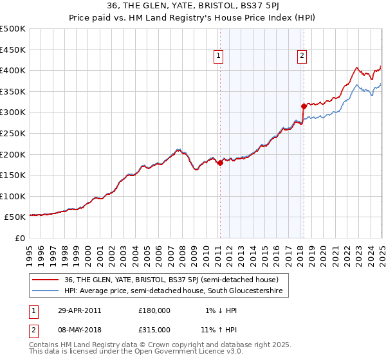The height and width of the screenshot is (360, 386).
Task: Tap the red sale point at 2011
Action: pyautogui.click(x=220, y=163)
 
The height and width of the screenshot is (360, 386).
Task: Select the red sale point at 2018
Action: pyautogui.click(x=303, y=106)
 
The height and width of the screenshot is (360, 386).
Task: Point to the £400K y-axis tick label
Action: pyautogui.click(x=13, y=70)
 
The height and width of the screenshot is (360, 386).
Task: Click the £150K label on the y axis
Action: pyautogui.click(x=13, y=175)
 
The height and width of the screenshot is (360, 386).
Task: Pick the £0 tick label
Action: pyautogui.click(x=20, y=238)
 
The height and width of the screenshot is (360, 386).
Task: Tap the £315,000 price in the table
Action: pyautogui.click(x=154, y=329)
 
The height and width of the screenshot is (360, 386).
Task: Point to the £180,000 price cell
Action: pyautogui.click(x=154, y=310)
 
